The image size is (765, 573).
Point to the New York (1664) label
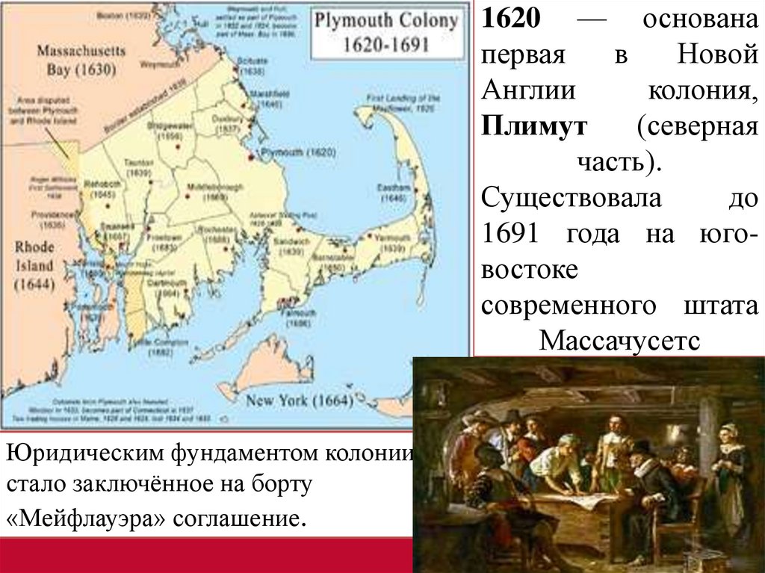(299, 400)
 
